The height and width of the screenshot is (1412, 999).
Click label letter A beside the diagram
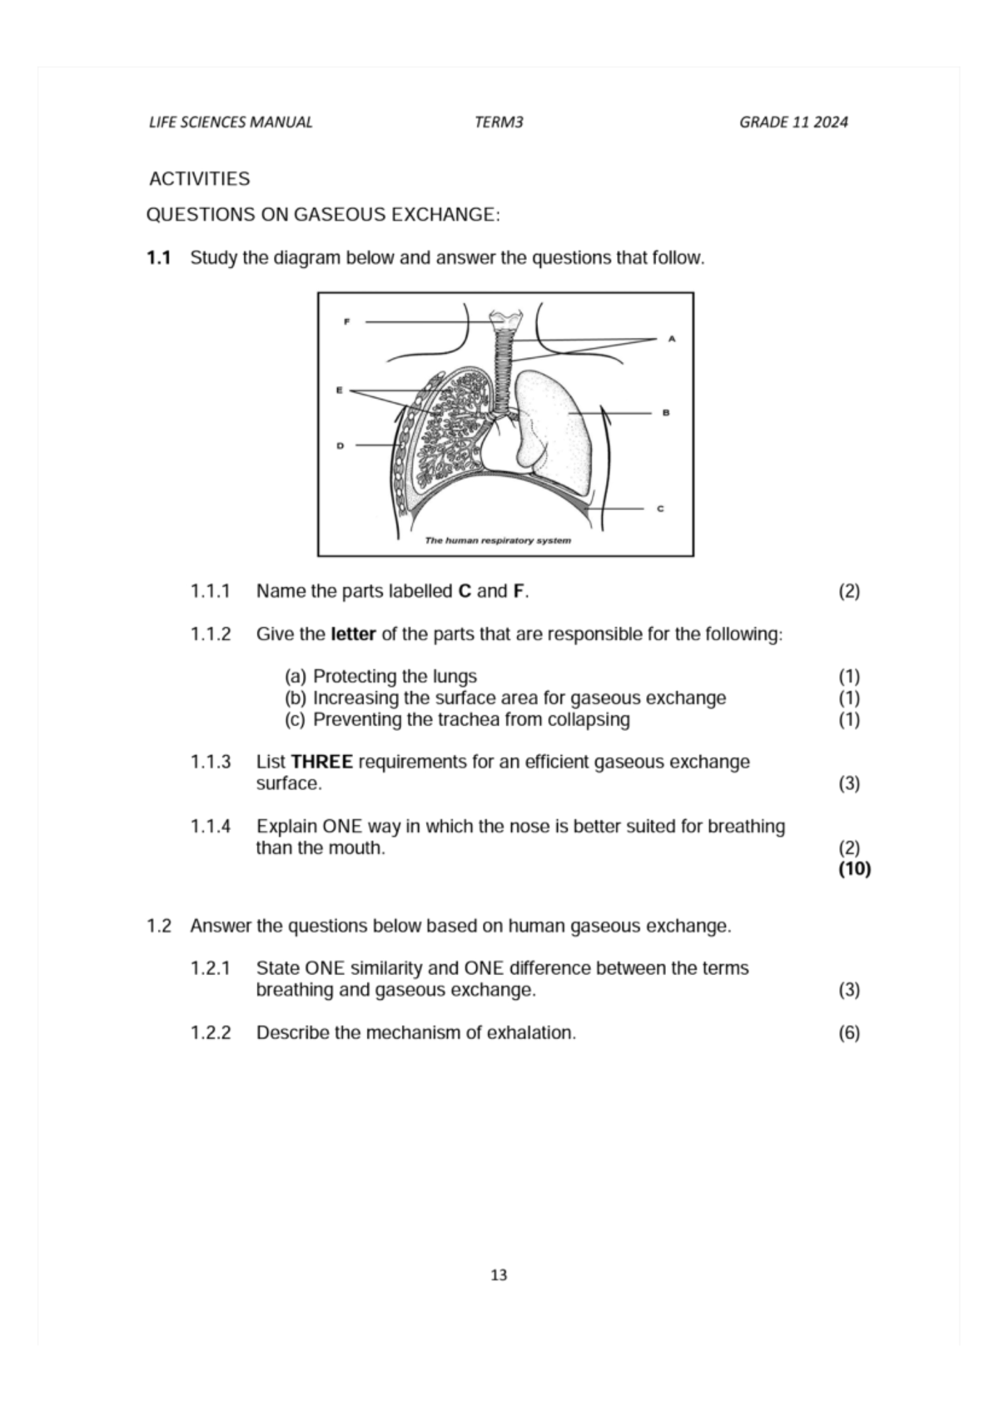(672, 339)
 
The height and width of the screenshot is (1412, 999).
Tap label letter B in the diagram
(666, 412)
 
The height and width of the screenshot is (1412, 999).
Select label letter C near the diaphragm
(660, 508)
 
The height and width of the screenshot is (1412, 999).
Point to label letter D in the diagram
(340, 445)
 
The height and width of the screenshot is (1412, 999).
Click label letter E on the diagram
(339, 390)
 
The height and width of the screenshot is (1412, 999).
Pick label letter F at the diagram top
(346, 321)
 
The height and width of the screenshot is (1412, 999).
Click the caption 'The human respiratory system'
(498, 540)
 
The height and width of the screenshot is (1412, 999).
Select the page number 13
(499, 1275)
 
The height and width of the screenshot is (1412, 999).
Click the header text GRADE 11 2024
(793, 122)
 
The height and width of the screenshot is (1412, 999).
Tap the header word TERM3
(499, 122)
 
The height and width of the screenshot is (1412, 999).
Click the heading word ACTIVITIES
(199, 179)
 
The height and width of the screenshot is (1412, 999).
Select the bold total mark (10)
(854, 869)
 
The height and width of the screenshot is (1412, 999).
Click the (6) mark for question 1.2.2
(849, 1033)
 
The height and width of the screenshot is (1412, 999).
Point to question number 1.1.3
(210, 762)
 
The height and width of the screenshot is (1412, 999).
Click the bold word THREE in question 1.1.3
(321, 762)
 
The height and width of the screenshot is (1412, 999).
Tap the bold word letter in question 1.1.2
(353, 634)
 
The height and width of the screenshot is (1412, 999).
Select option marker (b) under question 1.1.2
(296, 698)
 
